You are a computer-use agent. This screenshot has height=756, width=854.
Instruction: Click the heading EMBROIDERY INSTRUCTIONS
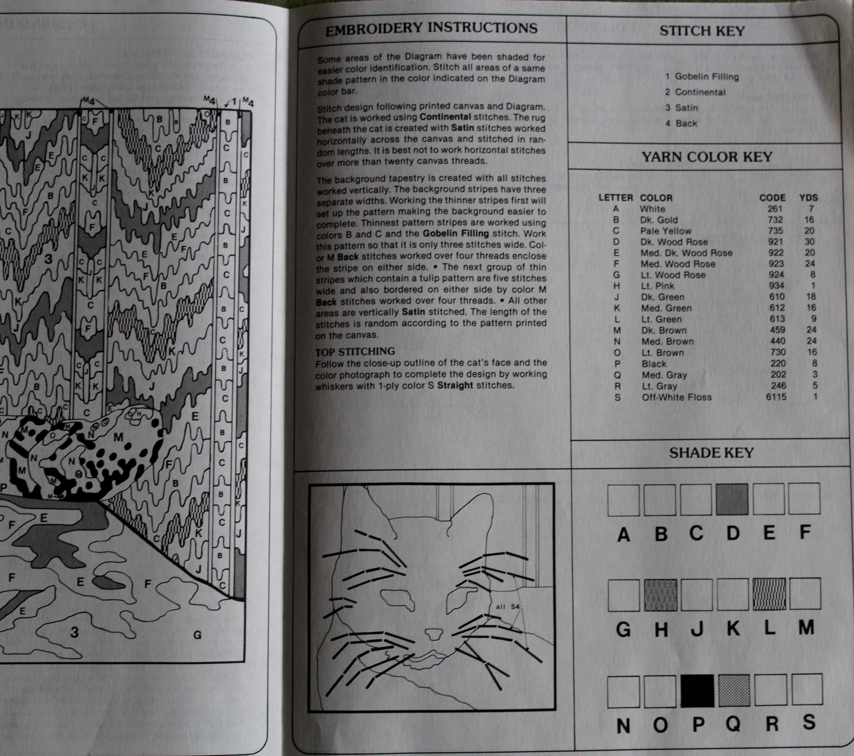tap(431, 29)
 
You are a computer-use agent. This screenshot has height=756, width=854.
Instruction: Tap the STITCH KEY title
tap(702, 31)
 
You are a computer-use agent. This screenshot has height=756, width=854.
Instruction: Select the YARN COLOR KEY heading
tap(707, 157)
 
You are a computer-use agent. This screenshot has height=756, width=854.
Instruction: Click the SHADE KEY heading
tap(711, 453)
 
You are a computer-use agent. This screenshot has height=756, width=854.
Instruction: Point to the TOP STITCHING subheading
tap(355, 352)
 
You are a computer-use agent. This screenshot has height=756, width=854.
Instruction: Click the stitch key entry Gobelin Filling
tap(707, 77)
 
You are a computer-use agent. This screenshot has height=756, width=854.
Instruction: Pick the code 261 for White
tap(774, 209)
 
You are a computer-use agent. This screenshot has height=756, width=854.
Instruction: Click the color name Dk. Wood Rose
tap(674, 242)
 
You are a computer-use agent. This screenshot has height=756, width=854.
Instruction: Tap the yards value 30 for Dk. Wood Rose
tap(810, 242)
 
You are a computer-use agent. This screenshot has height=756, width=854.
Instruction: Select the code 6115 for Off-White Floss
tap(776, 397)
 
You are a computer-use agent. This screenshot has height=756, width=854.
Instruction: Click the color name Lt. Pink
tap(658, 286)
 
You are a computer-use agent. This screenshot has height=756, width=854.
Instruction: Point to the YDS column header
tap(808, 198)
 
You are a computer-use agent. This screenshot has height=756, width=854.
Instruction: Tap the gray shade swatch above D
tap(732, 499)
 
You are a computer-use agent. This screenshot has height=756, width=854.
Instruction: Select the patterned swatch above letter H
tap(661, 595)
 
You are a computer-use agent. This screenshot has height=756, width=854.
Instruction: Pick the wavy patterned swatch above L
tap(769, 594)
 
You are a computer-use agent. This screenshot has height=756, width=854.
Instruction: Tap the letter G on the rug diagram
tap(197, 635)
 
